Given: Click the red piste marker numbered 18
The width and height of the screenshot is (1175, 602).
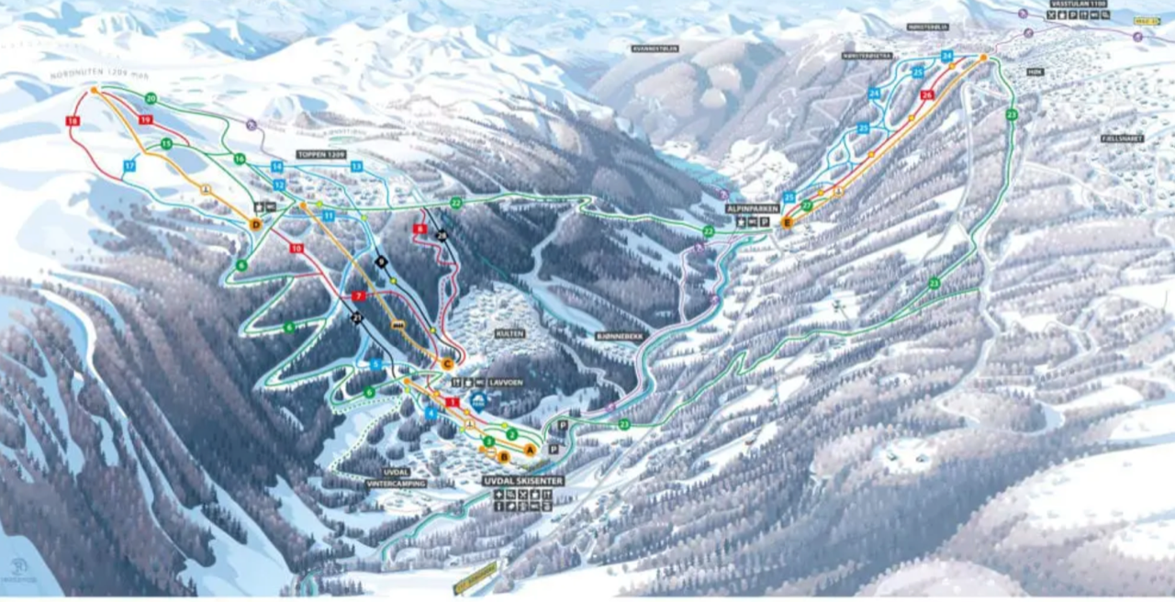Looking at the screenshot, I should [73, 120].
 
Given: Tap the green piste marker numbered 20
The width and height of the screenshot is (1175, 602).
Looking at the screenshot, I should [151, 98].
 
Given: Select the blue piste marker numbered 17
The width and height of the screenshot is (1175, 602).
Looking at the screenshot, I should [129, 165].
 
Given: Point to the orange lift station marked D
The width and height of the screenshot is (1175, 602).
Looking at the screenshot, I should [256, 224].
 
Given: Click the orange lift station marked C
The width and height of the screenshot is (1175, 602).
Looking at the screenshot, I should [448, 364].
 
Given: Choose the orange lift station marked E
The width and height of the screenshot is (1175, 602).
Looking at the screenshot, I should [787, 222].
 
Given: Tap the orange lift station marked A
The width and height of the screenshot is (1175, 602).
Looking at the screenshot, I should [530, 449].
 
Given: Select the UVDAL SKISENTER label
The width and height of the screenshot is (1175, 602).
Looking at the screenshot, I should [523, 480].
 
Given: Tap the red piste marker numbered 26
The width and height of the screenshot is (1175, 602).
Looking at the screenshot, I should [927, 95].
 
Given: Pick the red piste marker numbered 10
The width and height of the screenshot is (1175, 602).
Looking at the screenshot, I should [296, 249].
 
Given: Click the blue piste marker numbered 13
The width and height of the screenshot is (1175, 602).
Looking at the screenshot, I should [356, 166].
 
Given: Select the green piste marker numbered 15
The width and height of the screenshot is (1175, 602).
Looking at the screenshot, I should [166, 144].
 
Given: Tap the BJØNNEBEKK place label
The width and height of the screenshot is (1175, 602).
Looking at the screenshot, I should [620, 337].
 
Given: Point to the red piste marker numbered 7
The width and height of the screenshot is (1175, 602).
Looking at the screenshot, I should [359, 296].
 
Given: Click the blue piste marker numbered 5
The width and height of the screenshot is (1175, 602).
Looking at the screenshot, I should [375, 364].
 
